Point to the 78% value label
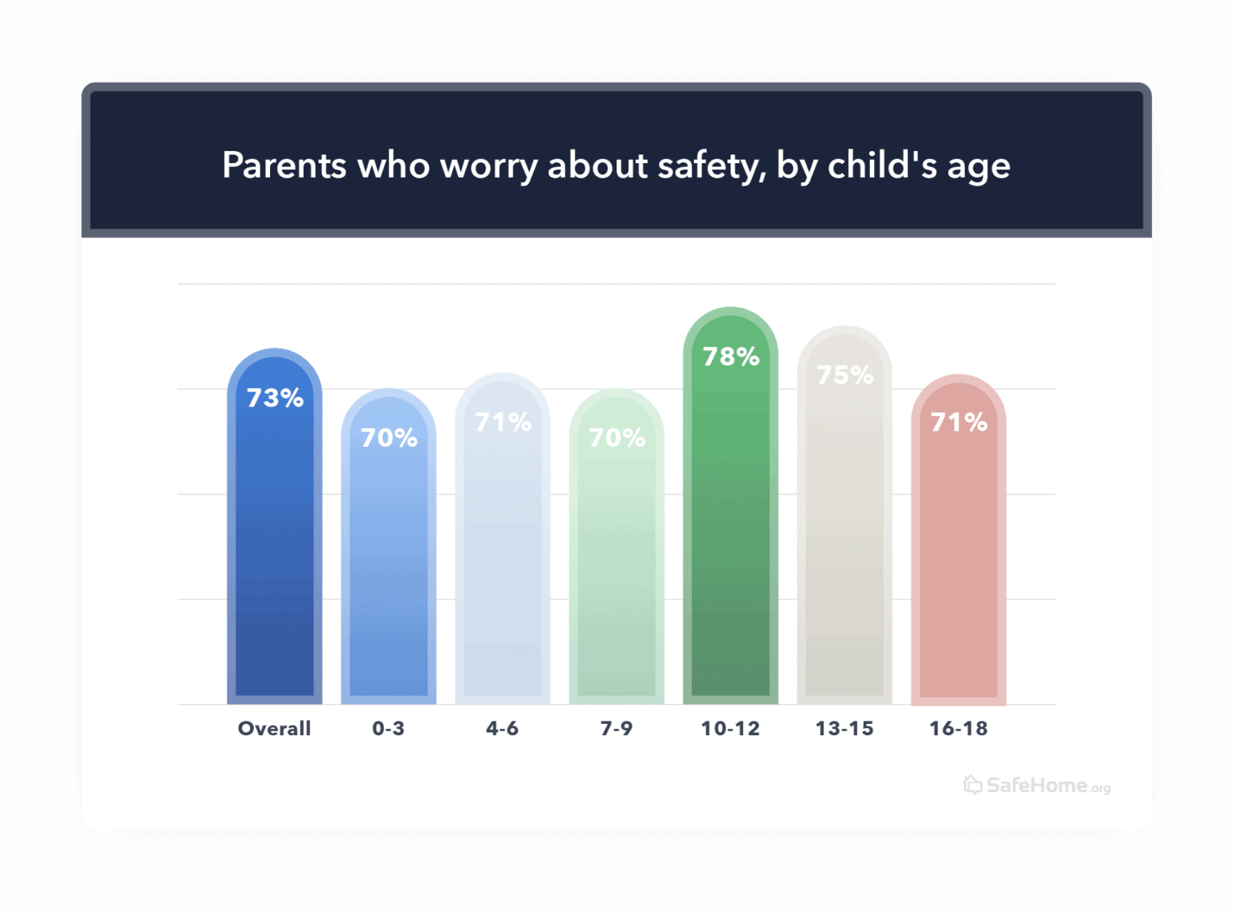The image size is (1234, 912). [731, 357]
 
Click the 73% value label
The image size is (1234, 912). [275, 398]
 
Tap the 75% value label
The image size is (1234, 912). [845, 375]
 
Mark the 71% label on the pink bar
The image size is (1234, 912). [958, 422]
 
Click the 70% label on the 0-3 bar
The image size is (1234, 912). [389, 438]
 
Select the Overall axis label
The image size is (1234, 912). [274, 729]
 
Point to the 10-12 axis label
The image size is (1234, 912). [730, 729]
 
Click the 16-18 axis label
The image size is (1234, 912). [958, 729]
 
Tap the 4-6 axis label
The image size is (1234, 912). [502, 729]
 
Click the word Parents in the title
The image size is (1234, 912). [284, 166]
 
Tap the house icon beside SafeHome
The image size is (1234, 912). [973, 785]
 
